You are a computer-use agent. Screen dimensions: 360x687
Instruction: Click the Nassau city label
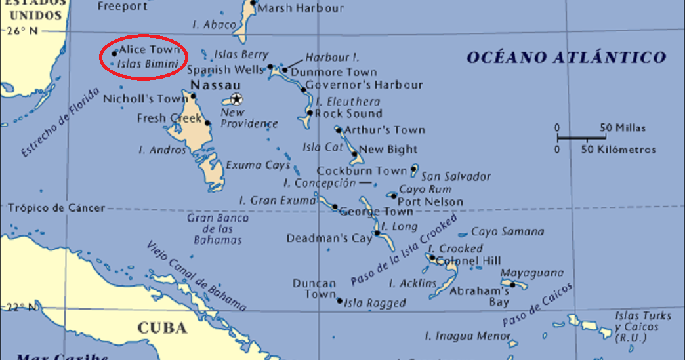[x=215, y=86]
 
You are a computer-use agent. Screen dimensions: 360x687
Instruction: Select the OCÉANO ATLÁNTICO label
[x=566, y=58]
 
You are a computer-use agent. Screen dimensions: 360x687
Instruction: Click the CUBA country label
[x=162, y=328]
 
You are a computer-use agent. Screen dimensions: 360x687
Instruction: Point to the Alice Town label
[x=149, y=50]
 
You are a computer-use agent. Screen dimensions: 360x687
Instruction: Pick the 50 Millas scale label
[x=623, y=128]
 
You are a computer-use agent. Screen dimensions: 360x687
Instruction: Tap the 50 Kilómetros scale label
[x=618, y=150]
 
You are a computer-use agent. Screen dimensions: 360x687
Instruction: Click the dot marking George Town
[x=335, y=207]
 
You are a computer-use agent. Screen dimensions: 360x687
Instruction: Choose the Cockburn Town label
[x=362, y=170]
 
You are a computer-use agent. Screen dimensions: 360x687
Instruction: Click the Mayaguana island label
[x=531, y=273]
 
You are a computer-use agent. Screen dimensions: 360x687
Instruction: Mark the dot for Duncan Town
[x=339, y=301]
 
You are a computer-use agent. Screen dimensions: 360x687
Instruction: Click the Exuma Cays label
[x=258, y=165]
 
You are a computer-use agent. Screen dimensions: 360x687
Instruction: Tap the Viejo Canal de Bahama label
[x=197, y=275]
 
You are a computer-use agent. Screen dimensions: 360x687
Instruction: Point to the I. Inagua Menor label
[x=467, y=336]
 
